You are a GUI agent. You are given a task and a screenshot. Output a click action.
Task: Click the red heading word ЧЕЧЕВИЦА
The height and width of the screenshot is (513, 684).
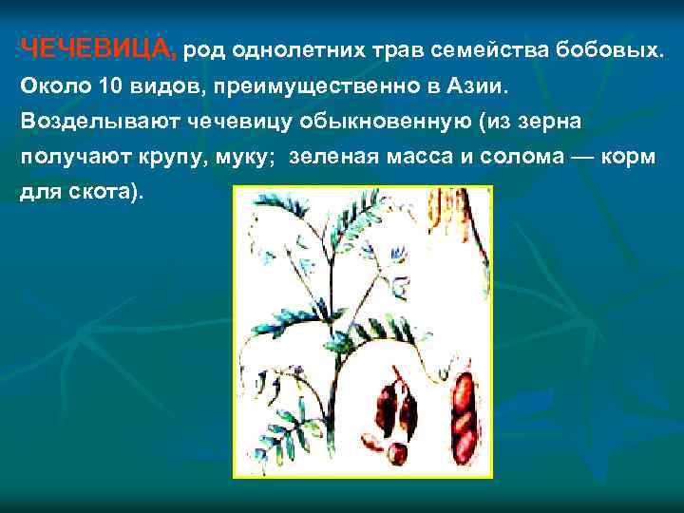[x=97, y=48]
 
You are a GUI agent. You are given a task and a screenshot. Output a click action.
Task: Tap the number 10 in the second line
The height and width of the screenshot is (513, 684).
[x=109, y=86]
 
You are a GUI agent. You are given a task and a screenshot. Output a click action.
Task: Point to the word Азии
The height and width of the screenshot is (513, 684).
[x=481, y=86]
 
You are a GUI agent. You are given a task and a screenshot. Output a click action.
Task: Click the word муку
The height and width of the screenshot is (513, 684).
[x=247, y=158]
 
